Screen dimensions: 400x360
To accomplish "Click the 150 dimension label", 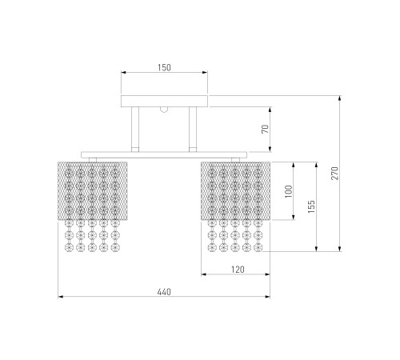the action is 164,67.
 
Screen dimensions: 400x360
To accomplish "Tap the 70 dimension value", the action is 266,129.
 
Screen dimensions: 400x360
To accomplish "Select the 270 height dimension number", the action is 335,174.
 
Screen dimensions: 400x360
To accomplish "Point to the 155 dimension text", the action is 311,206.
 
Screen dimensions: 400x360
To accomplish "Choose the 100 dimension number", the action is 289,191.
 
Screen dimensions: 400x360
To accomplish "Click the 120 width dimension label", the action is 238,270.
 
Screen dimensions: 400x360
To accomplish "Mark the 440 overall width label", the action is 164,292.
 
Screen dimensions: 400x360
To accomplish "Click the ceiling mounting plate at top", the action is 164,101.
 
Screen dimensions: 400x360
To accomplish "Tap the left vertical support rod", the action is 135,130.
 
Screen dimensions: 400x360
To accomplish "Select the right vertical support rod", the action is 193,130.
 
